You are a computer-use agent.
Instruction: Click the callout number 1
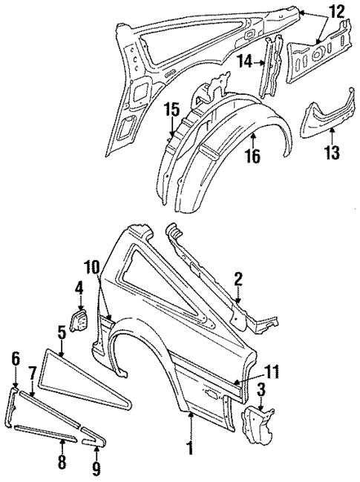point(191,449)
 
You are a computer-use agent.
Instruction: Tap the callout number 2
point(238,280)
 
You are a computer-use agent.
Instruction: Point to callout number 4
point(79,288)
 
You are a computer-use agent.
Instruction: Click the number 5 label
point(62,331)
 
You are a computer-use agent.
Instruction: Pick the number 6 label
point(16,360)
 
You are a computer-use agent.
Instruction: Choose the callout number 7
point(33,371)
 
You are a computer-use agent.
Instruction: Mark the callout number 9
point(96,469)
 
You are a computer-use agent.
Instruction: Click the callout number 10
point(91,265)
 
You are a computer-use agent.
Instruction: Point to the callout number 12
point(337,12)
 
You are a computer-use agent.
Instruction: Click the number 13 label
point(332,153)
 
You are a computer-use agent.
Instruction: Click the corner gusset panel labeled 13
point(327,111)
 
